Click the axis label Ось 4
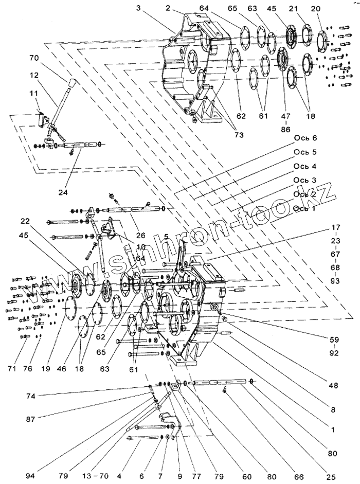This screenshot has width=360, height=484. point(305,167)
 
